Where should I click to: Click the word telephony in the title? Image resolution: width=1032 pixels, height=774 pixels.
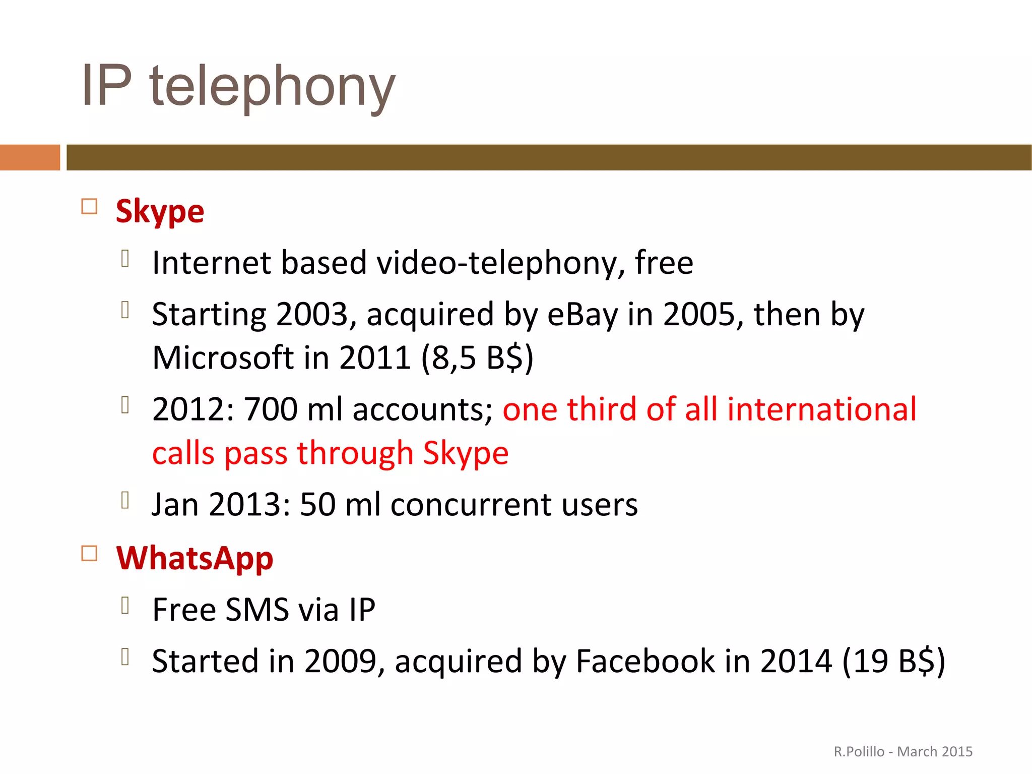coord(272,87)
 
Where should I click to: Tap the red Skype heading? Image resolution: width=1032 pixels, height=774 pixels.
coord(160,211)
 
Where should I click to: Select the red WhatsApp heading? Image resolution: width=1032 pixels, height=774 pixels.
coord(195,558)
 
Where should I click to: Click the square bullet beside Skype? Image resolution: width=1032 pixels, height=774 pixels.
coord(89,207)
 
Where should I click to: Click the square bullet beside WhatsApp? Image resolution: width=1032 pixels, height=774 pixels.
coord(89,554)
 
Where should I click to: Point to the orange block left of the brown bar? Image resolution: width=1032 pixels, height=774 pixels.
coord(30,157)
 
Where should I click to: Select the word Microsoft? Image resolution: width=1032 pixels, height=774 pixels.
coord(223,358)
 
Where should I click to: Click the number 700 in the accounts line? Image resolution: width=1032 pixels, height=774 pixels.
coord(271,409)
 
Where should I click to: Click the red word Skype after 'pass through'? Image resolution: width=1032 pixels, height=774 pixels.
coord(466,453)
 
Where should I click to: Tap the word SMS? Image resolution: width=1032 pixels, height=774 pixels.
coord(257,610)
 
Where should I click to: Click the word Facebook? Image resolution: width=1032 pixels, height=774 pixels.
coord(645,661)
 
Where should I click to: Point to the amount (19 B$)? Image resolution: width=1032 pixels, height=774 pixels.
coord(893,661)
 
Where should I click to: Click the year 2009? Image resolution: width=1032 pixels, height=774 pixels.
coord(341,661)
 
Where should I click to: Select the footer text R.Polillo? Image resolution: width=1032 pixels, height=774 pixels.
coord(859,752)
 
